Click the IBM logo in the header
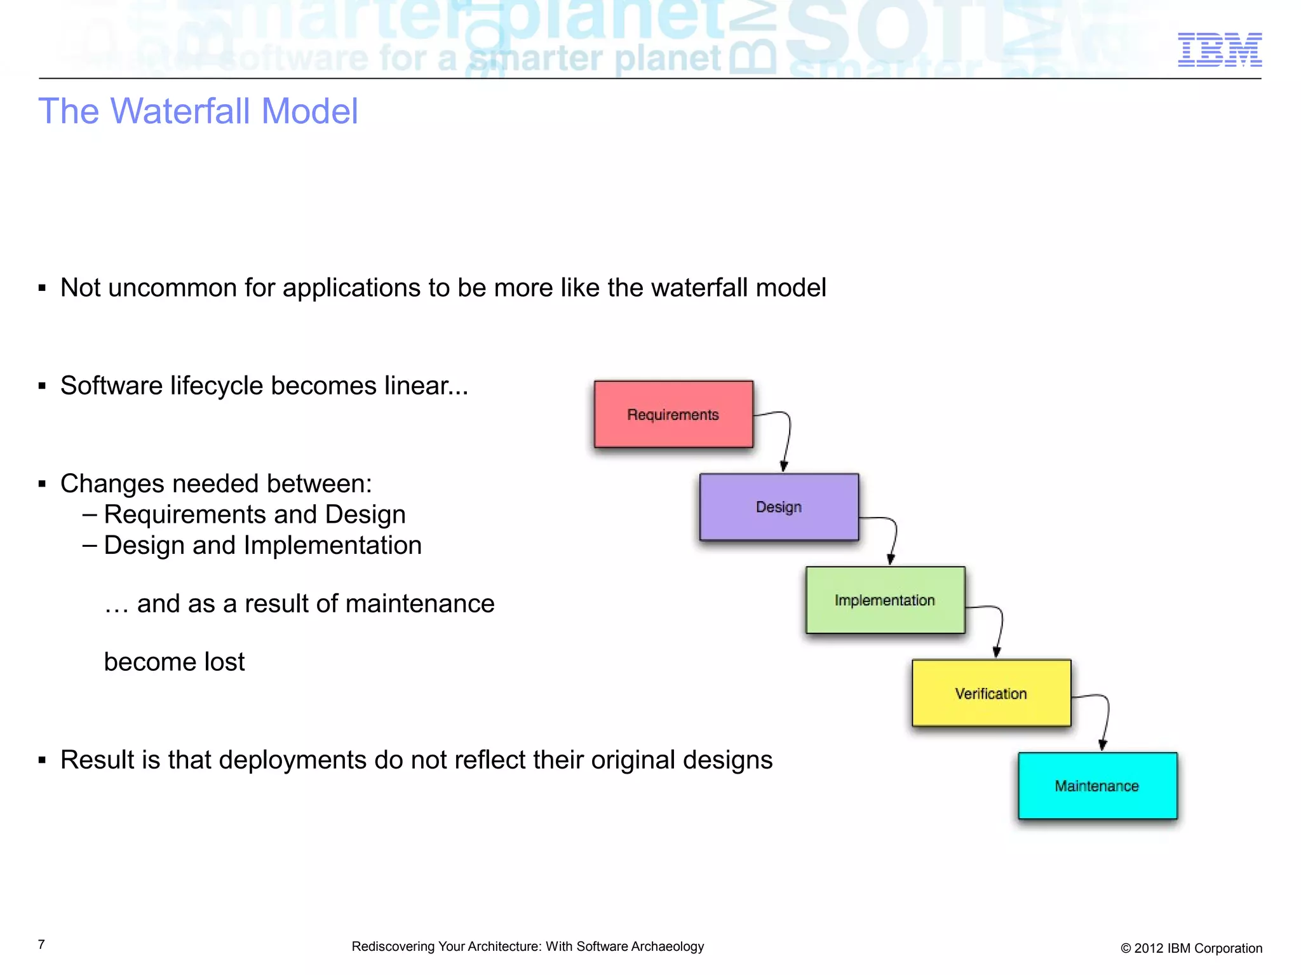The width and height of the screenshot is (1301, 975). coord(1219,50)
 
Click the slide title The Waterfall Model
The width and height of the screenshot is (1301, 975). coord(198,111)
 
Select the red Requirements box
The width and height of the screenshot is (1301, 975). coord(673,414)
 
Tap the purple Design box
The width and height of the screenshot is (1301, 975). coord(779,507)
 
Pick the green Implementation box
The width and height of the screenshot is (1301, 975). coord(885,600)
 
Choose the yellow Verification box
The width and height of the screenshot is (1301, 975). coord(991,693)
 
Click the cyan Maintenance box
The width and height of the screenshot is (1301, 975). coord(1097,786)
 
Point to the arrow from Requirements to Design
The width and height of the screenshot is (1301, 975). coord(788,438)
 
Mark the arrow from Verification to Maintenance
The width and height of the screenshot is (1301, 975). coord(1107,718)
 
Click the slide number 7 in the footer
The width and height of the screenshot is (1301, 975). coord(41,945)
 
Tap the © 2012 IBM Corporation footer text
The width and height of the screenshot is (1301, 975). coord(1191,948)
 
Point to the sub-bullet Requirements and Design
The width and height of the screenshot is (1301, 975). coord(254,514)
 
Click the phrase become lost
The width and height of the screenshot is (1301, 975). coord(174,662)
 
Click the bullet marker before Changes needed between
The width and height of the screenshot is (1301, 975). coord(42,485)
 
